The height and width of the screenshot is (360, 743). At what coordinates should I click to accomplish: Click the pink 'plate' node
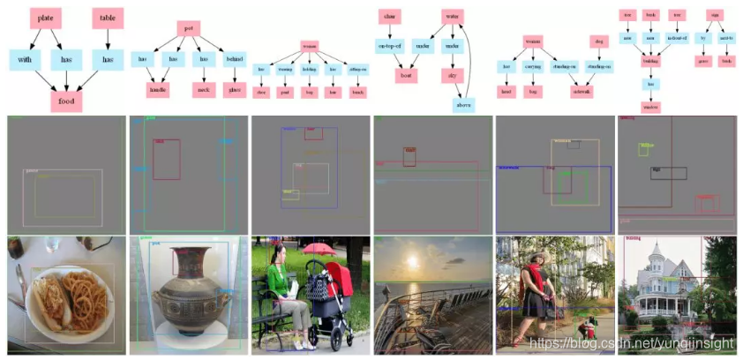tap(45, 19)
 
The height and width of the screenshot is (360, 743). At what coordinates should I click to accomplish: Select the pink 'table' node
tap(108, 19)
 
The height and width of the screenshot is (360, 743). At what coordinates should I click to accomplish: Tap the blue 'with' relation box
tap(25, 59)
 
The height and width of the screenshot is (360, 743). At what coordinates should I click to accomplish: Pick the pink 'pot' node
tap(189, 28)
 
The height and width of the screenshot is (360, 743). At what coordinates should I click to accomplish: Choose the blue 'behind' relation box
tap(234, 59)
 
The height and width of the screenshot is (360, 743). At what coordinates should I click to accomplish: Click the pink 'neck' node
tap(204, 89)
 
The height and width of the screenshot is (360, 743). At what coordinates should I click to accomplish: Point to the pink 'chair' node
tap(389, 17)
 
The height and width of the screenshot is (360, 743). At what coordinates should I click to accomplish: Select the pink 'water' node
tap(453, 17)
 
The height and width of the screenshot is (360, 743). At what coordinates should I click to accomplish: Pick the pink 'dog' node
tap(599, 41)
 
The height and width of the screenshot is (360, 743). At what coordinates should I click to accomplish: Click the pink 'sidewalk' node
tap(582, 90)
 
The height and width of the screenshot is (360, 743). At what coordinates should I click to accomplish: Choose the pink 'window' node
tap(651, 107)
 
